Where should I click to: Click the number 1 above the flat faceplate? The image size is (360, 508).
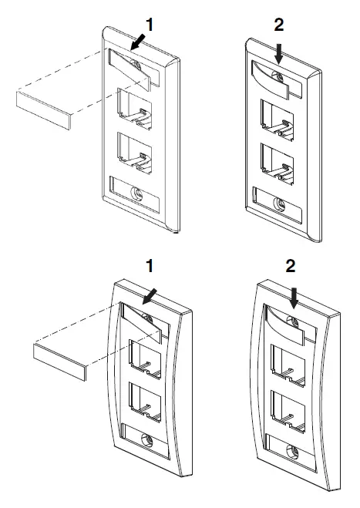pyautogui.click(x=150, y=25)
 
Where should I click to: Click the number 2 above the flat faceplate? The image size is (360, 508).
pyautogui.click(x=279, y=25)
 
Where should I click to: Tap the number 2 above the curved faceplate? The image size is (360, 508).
pyautogui.click(x=291, y=268)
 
